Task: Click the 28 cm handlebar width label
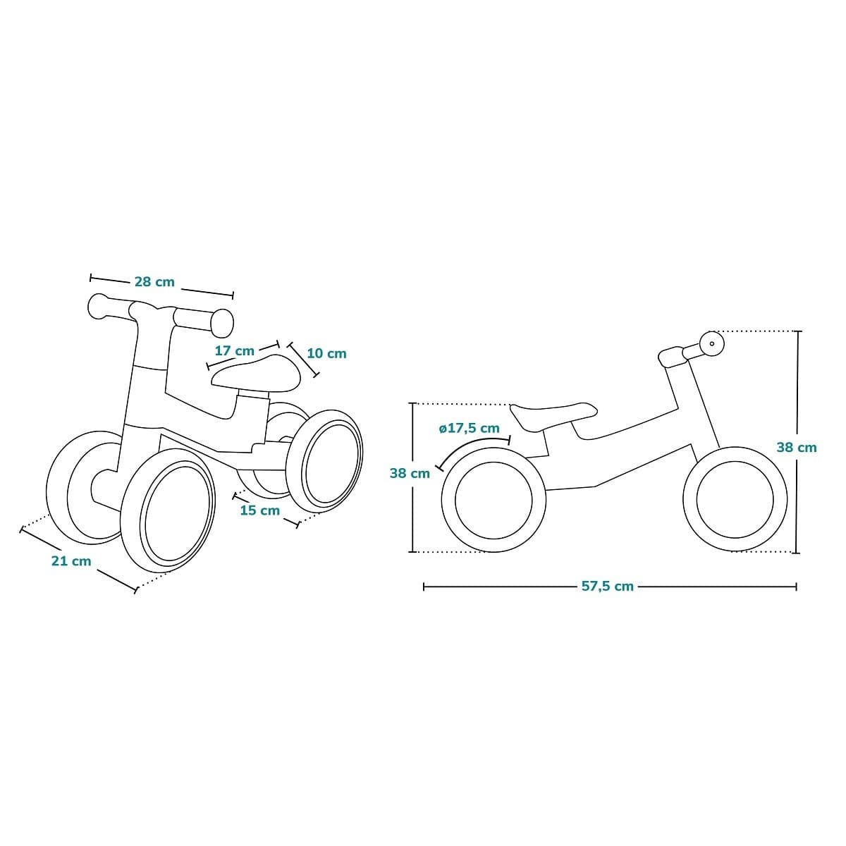[x=154, y=282]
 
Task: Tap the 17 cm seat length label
[x=235, y=351]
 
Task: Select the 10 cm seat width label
[x=326, y=353]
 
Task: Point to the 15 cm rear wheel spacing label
[x=260, y=510]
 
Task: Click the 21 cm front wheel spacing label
[x=72, y=561]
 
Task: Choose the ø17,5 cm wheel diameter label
[x=470, y=428]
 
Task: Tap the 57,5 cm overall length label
[x=608, y=586]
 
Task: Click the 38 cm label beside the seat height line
[x=410, y=473]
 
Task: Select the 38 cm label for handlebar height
[x=797, y=448]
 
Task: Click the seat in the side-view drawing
[x=553, y=416]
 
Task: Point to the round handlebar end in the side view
[x=711, y=344]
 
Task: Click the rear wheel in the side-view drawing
[x=494, y=500]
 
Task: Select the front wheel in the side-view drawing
[x=735, y=499]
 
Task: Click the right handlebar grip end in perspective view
[x=222, y=323]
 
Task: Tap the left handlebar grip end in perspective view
[x=97, y=306]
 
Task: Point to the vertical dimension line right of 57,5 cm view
[x=799, y=442]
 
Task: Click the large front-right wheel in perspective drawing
[x=168, y=511]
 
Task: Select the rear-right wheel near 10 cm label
[x=324, y=461]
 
